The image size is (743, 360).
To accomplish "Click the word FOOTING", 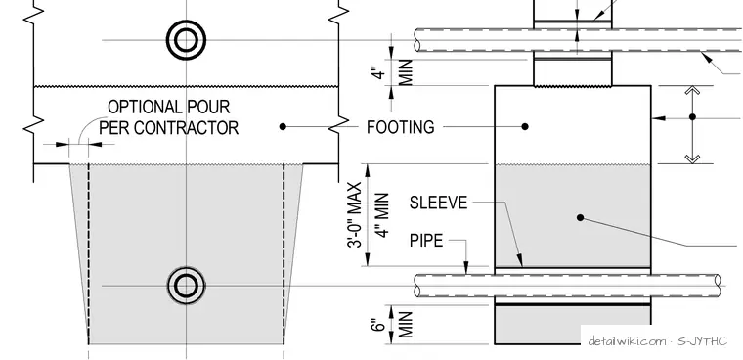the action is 401,127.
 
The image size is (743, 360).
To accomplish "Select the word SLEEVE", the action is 438,203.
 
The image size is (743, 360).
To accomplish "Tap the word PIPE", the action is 426,241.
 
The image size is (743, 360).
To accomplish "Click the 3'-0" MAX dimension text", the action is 356,215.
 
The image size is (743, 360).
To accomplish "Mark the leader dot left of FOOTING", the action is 283,126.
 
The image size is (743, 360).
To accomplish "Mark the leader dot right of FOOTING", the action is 525,126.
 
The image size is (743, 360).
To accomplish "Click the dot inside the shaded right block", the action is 580,218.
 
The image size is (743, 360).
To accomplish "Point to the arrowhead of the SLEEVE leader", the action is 520,261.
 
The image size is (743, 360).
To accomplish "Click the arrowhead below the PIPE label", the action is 466,267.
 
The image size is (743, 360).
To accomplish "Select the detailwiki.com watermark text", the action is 627,341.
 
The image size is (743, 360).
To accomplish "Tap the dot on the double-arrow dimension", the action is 692,116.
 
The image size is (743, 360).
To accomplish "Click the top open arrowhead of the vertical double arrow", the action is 692,92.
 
